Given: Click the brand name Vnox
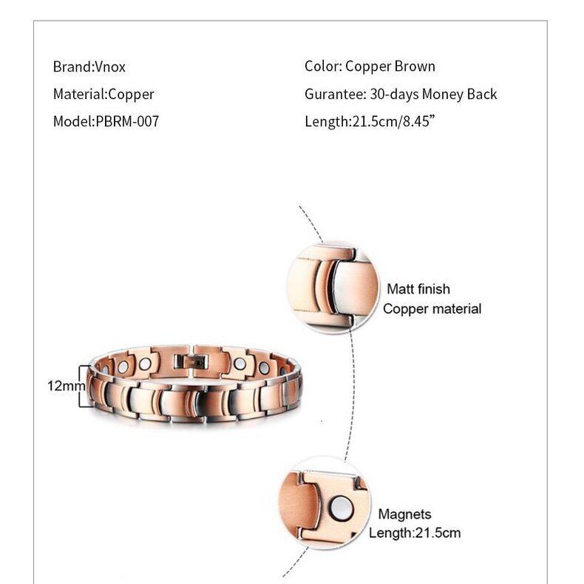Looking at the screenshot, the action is [110, 67].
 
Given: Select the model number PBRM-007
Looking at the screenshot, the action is [127, 121].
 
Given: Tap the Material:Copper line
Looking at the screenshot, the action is [103, 94].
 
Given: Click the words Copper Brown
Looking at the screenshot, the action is [390, 67].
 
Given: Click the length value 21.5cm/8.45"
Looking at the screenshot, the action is [392, 121].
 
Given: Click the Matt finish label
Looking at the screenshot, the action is [418, 289].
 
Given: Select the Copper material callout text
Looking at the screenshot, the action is [432, 308].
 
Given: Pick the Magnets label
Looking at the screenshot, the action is [404, 514].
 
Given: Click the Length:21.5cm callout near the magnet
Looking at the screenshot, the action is [414, 532].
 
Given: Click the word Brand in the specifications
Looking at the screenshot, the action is [71, 67].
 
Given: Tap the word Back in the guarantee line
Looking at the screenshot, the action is [481, 94].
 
